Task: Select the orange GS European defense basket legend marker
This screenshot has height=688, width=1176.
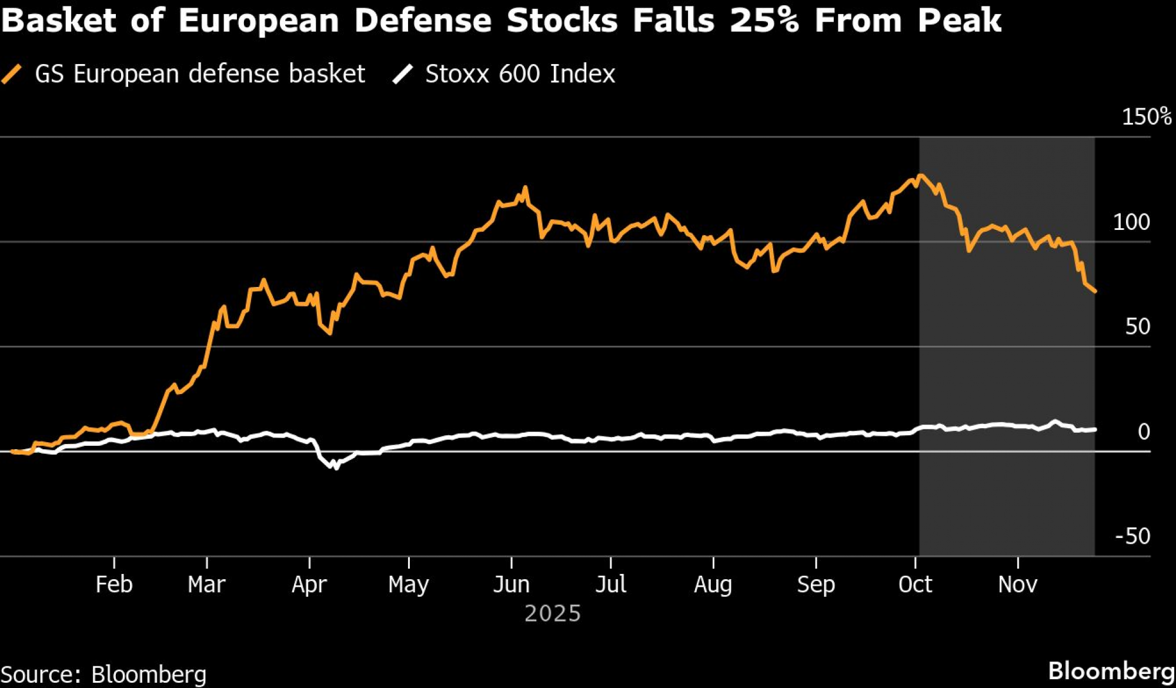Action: tap(12, 74)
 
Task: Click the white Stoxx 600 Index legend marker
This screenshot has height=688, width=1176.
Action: tap(403, 74)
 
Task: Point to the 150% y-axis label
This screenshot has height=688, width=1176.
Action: tap(1146, 116)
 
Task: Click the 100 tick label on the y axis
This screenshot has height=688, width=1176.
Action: tap(1131, 222)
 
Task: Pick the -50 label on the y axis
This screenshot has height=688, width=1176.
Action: tap(1132, 536)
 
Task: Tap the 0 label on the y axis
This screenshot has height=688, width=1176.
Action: tap(1144, 432)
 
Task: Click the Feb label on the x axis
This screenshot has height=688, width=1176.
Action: tap(114, 585)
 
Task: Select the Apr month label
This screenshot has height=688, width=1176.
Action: tap(309, 585)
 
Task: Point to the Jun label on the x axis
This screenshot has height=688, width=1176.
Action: tap(511, 585)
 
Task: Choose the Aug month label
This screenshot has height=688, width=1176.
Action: tap(713, 585)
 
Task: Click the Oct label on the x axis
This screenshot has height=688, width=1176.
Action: tap(915, 585)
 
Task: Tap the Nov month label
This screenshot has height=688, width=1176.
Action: tap(1018, 585)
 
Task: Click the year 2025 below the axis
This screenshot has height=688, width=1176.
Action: tap(553, 613)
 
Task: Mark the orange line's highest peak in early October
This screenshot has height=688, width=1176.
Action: tap(921, 175)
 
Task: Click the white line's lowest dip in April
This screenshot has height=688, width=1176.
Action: tap(336, 467)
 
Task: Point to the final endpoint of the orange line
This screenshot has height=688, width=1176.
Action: tap(1095, 291)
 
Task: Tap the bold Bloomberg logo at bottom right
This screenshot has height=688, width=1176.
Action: tap(1111, 671)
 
